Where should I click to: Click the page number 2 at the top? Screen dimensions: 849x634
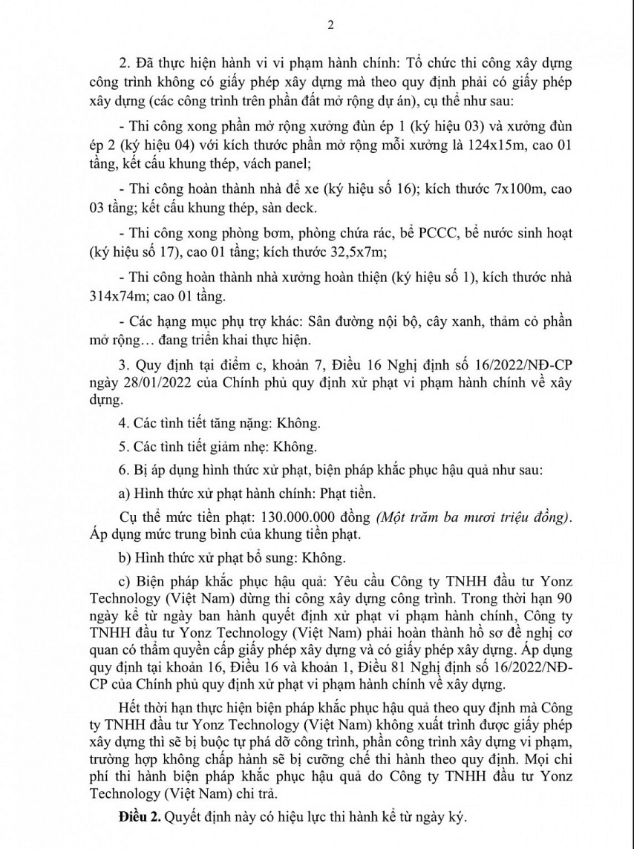(x=331, y=24)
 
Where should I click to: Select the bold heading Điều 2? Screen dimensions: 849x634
(x=140, y=817)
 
